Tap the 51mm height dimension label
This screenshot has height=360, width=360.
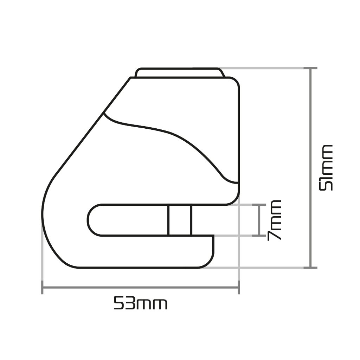point(326,167)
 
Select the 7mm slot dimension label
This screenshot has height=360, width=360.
point(274,220)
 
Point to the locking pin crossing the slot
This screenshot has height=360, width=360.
point(180,220)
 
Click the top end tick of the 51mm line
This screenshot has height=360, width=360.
point(310,68)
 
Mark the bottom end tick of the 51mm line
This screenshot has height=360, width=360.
point(310,268)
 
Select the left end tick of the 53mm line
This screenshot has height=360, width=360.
point(42,287)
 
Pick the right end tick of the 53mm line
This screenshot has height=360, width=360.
point(239,287)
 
